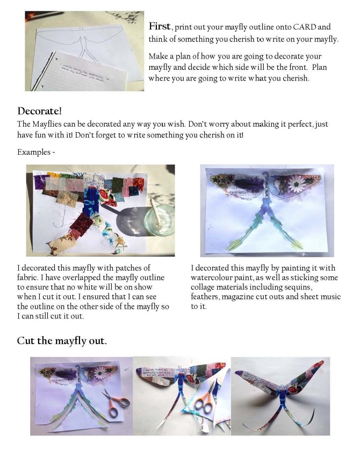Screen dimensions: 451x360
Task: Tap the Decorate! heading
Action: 39,111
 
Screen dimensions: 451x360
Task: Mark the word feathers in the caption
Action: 204,297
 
